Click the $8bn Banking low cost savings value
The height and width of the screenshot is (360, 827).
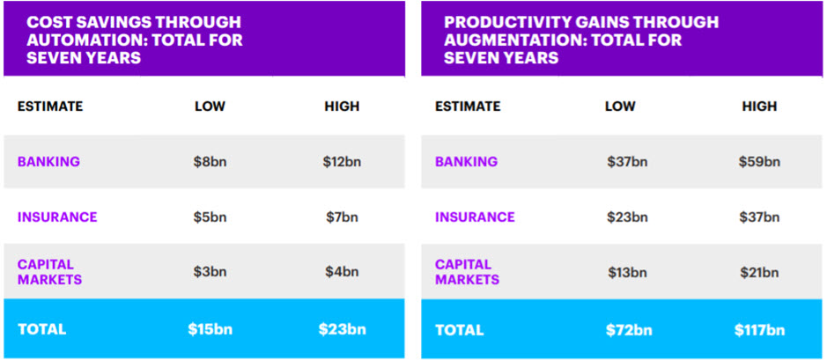tap(210, 162)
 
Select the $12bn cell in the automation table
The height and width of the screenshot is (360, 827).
tap(342, 162)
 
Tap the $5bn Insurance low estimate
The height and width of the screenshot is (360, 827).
tap(210, 217)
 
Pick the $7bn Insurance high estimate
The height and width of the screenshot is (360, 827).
tap(342, 217)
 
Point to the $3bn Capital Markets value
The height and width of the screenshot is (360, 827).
tap(210, 272)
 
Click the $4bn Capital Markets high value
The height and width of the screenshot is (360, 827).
tap(342, 272)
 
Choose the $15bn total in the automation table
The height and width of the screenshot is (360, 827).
tap(210, 330)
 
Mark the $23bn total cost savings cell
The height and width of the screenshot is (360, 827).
tap(342, 330)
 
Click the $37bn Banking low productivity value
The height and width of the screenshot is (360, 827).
tap(627, 162)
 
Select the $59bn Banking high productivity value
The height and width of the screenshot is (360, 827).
tap(759, 162)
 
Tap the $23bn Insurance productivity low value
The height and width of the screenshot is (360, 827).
tap(627, 217)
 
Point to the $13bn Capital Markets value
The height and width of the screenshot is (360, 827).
tap(627, 272)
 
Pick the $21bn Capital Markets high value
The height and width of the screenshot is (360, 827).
tap(759, 272)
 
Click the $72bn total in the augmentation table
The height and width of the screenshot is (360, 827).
tap(627, 330)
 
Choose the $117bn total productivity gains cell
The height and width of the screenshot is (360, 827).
tap(759, 330)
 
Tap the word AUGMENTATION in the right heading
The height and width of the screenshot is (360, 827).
tap(493, 40)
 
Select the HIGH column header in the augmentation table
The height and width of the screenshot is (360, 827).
tap(759, 107)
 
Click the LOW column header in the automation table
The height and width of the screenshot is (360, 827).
tap(210, 107)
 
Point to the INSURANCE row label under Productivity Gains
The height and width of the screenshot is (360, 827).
tap(475, 217)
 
